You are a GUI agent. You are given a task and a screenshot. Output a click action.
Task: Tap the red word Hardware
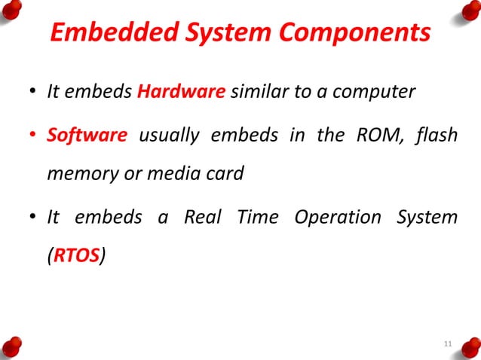click(x=181, y=93)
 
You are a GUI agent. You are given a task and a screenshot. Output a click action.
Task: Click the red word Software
click(x=87, y=136)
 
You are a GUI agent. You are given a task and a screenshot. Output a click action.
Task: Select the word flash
click(x=436, y=136)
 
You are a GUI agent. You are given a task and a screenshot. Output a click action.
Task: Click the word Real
click(x=204, y=217)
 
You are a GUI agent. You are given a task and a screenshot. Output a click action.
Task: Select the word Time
click(x=257, y=217)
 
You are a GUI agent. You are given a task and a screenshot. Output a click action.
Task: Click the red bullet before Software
click(x=32, y=136)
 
